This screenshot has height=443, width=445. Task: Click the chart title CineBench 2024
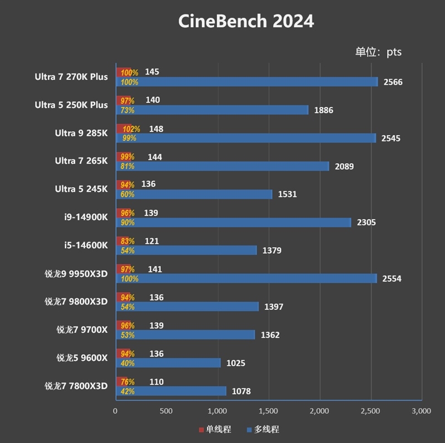(246, 21)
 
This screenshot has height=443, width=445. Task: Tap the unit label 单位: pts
(378, 52)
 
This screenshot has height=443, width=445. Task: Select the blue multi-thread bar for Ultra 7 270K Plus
(246, 82)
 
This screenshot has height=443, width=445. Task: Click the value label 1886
(324, 110)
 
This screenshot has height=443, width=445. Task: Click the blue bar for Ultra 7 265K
(222, 166)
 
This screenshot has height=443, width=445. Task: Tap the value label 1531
(287, 194)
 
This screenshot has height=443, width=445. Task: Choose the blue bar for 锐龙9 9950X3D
(246, 278)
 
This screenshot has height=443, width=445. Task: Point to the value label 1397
(274, 307)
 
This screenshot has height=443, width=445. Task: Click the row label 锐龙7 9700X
(82, 329)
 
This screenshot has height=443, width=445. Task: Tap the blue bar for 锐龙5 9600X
(168, 363)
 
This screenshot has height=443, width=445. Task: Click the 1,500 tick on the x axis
(268, 411)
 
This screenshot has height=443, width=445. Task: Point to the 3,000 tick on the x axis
(421, 411)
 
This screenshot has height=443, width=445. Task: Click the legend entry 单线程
(215, 430)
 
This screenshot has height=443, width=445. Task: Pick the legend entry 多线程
(263, 430)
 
